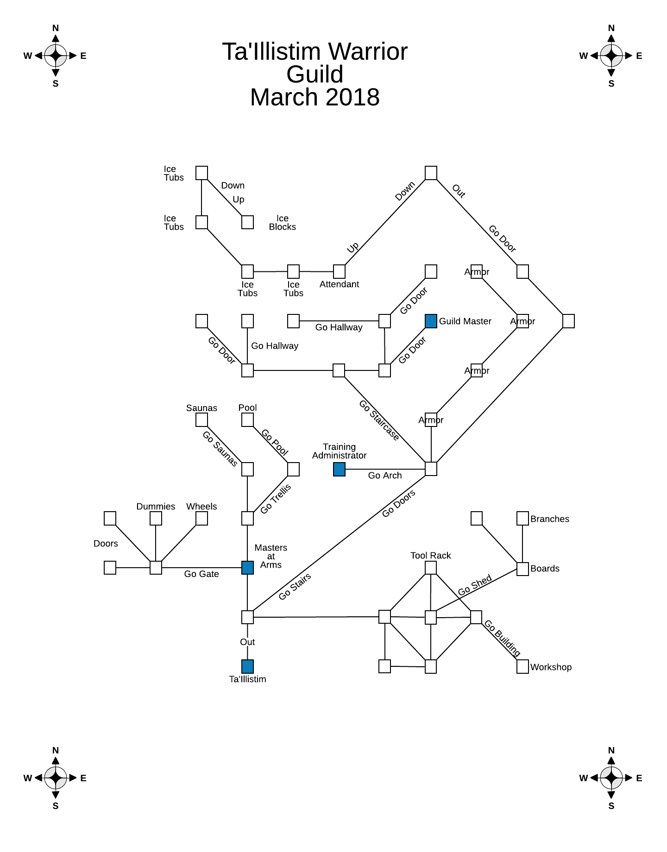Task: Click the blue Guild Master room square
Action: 431,321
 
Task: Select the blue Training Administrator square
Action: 339,469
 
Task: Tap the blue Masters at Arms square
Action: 247,567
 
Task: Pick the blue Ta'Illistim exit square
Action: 247,666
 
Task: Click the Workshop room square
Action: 522,666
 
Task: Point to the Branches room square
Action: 522,518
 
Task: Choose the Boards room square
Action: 522,569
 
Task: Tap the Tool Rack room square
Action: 431,567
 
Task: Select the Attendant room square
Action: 339,271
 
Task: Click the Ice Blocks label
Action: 282,222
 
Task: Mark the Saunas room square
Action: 201,420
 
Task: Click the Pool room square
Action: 247,420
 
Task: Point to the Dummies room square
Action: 156,518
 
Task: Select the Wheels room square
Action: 201,518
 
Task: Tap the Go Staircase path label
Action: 379,420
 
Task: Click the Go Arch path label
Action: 384,476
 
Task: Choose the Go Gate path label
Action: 201,574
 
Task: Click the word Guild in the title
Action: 315,74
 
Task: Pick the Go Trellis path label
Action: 276,499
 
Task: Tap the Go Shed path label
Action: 475,586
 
